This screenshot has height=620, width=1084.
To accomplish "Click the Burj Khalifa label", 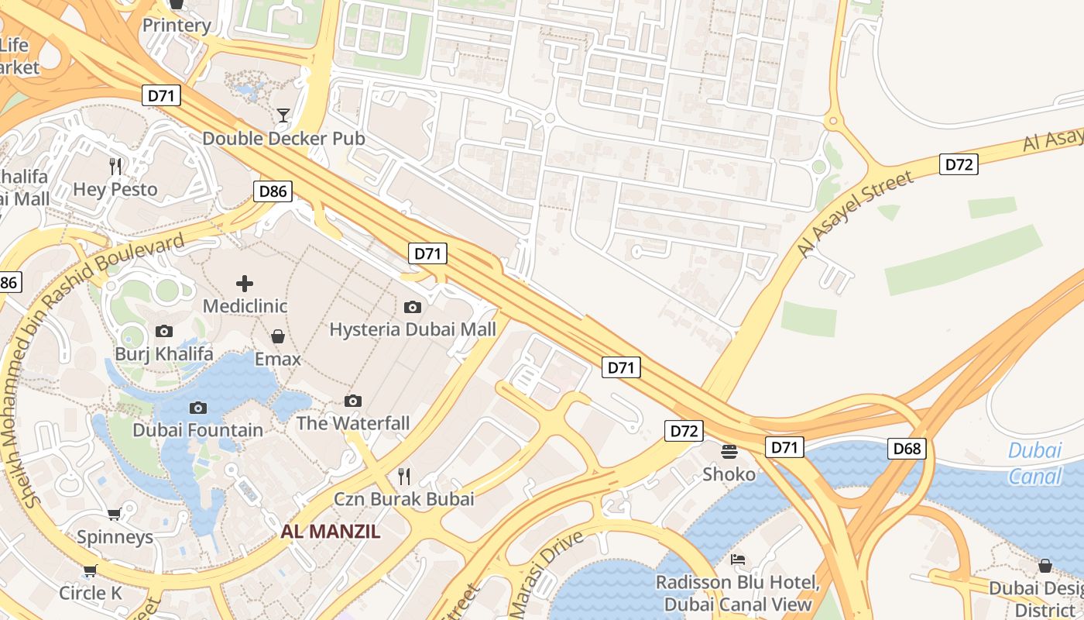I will pyautogui.click(x=163, y=354).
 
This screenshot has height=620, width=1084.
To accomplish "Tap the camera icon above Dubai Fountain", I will pyautogui.click(x=198, y=408).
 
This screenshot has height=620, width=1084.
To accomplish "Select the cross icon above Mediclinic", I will pyautogui.click(x=245, y=284).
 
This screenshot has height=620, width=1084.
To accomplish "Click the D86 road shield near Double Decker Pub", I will pyautogui.click(x=273, y=191).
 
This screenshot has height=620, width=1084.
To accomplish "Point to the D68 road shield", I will pyautogui.click(x=907, y=449).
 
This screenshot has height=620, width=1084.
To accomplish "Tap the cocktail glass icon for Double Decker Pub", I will pyautogui.click(x=283, y=116).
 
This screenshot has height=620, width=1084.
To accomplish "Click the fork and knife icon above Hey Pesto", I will pyautogui.click(x=115, y=166).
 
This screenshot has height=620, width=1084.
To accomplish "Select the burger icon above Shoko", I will pyautogui.click(x=729, y=451).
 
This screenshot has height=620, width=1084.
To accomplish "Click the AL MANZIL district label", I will pyautogui.click(x=331, y=532).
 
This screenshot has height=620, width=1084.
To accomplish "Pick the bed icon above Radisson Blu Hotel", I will pyautogui.click(x=738, y=559).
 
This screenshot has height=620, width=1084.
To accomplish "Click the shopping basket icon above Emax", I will pyautogui.click(x=278, y=336).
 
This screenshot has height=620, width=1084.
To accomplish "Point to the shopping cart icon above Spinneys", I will pyautogui.click(x=115, y=514).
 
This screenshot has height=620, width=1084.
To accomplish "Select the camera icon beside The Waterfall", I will pyautogui.click(x=353, y=401).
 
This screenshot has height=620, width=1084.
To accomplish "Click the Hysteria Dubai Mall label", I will pyautogui.click(x=413, y=329).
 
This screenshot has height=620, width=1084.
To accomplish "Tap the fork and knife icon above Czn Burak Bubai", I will pyautogui.click(x=403, y=475).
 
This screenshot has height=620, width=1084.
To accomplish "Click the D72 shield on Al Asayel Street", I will pyautogui.click(x=959, y=164).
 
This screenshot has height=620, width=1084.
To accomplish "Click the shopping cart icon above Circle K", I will pyautogui.click(x=91, y=571).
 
